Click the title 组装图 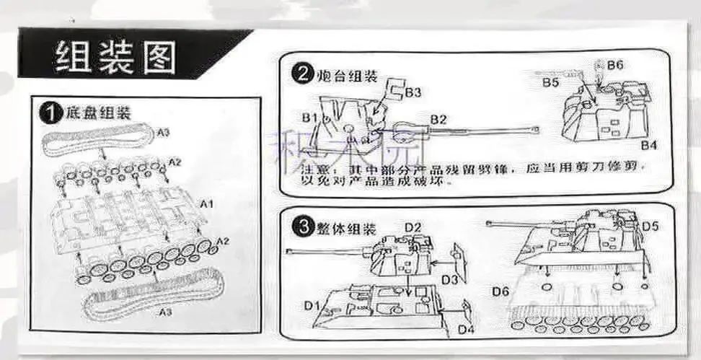[115, 58]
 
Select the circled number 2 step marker [301, 74]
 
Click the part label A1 [207, 204]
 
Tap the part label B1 [310, 117]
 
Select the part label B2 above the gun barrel [439, 118]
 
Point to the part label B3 [413, 92]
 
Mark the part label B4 [649, 145]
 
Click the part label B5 [551, 83]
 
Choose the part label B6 [614, 66]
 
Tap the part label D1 [312, 306]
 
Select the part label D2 [413, 228]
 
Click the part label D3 [450, 278]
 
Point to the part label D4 [466, 330]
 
